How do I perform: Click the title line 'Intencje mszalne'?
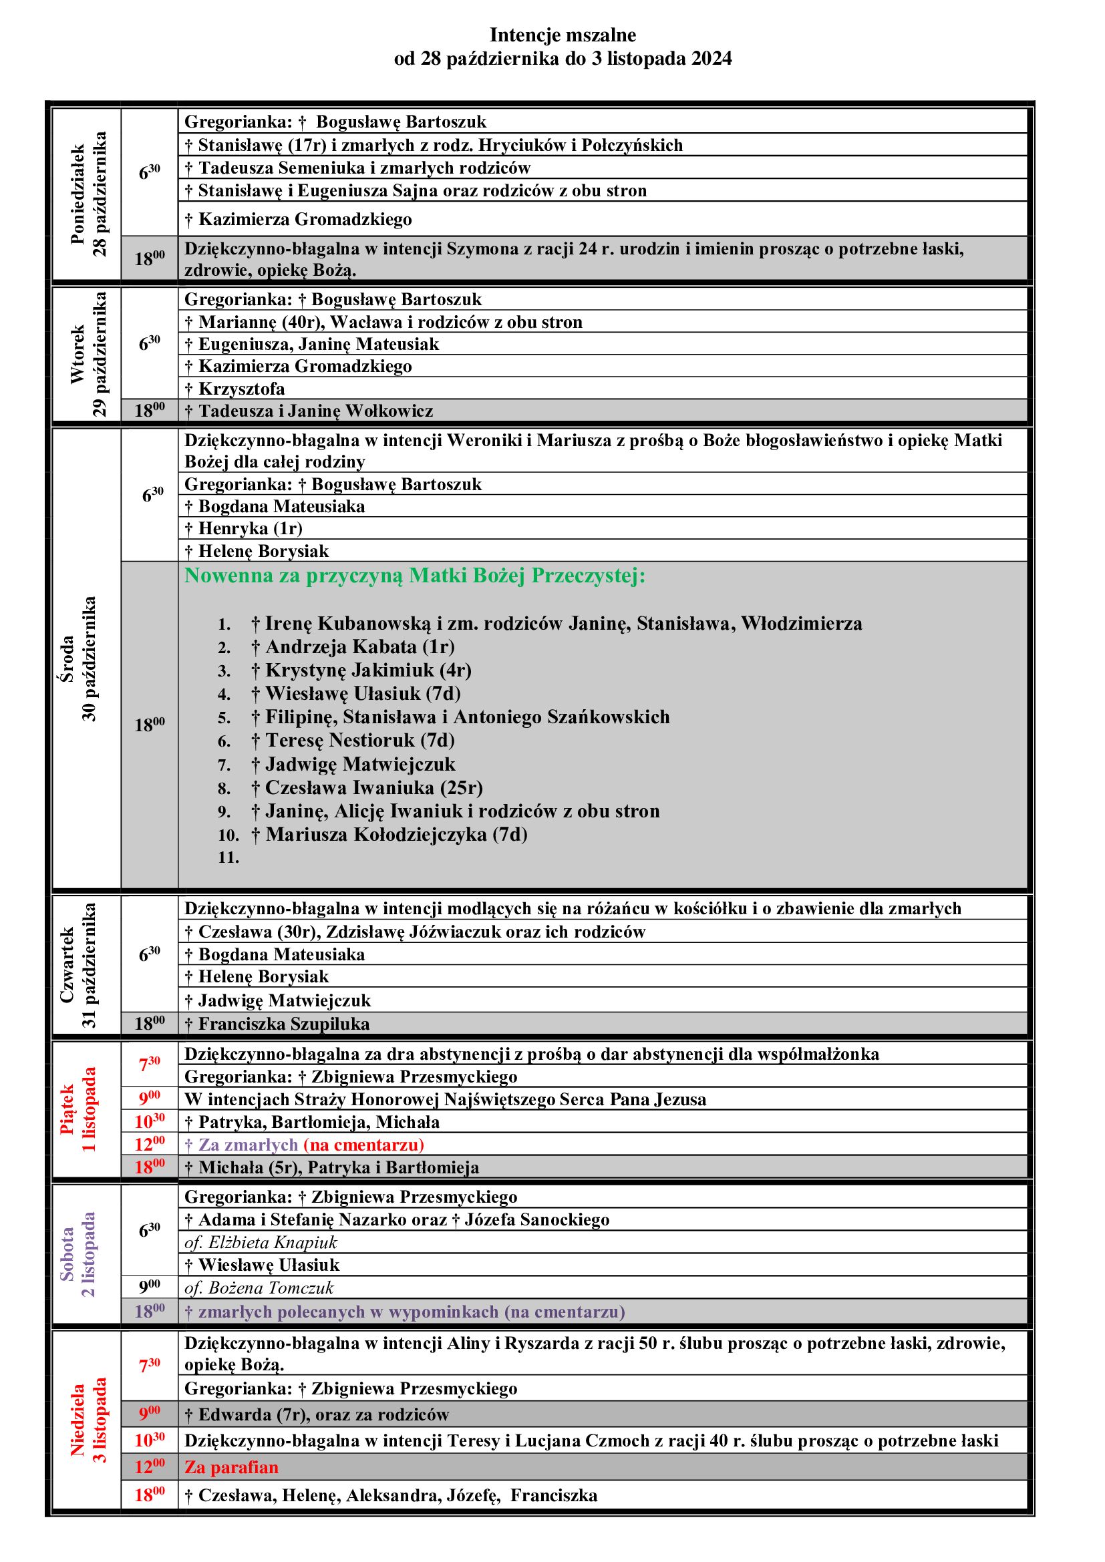point(563,35)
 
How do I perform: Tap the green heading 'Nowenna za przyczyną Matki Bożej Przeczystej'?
point(414,576)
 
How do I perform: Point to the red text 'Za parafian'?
point(231,1467)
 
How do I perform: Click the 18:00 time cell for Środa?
point(150,725)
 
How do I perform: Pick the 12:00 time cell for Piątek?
point(150,1145)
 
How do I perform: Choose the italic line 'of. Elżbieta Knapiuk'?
point(261,1242)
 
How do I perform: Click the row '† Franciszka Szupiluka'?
point(284,1023)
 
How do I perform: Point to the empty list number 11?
point(228,858)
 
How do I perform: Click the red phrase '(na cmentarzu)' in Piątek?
point(364,1145)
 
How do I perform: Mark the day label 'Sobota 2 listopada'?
point(78,1255)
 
